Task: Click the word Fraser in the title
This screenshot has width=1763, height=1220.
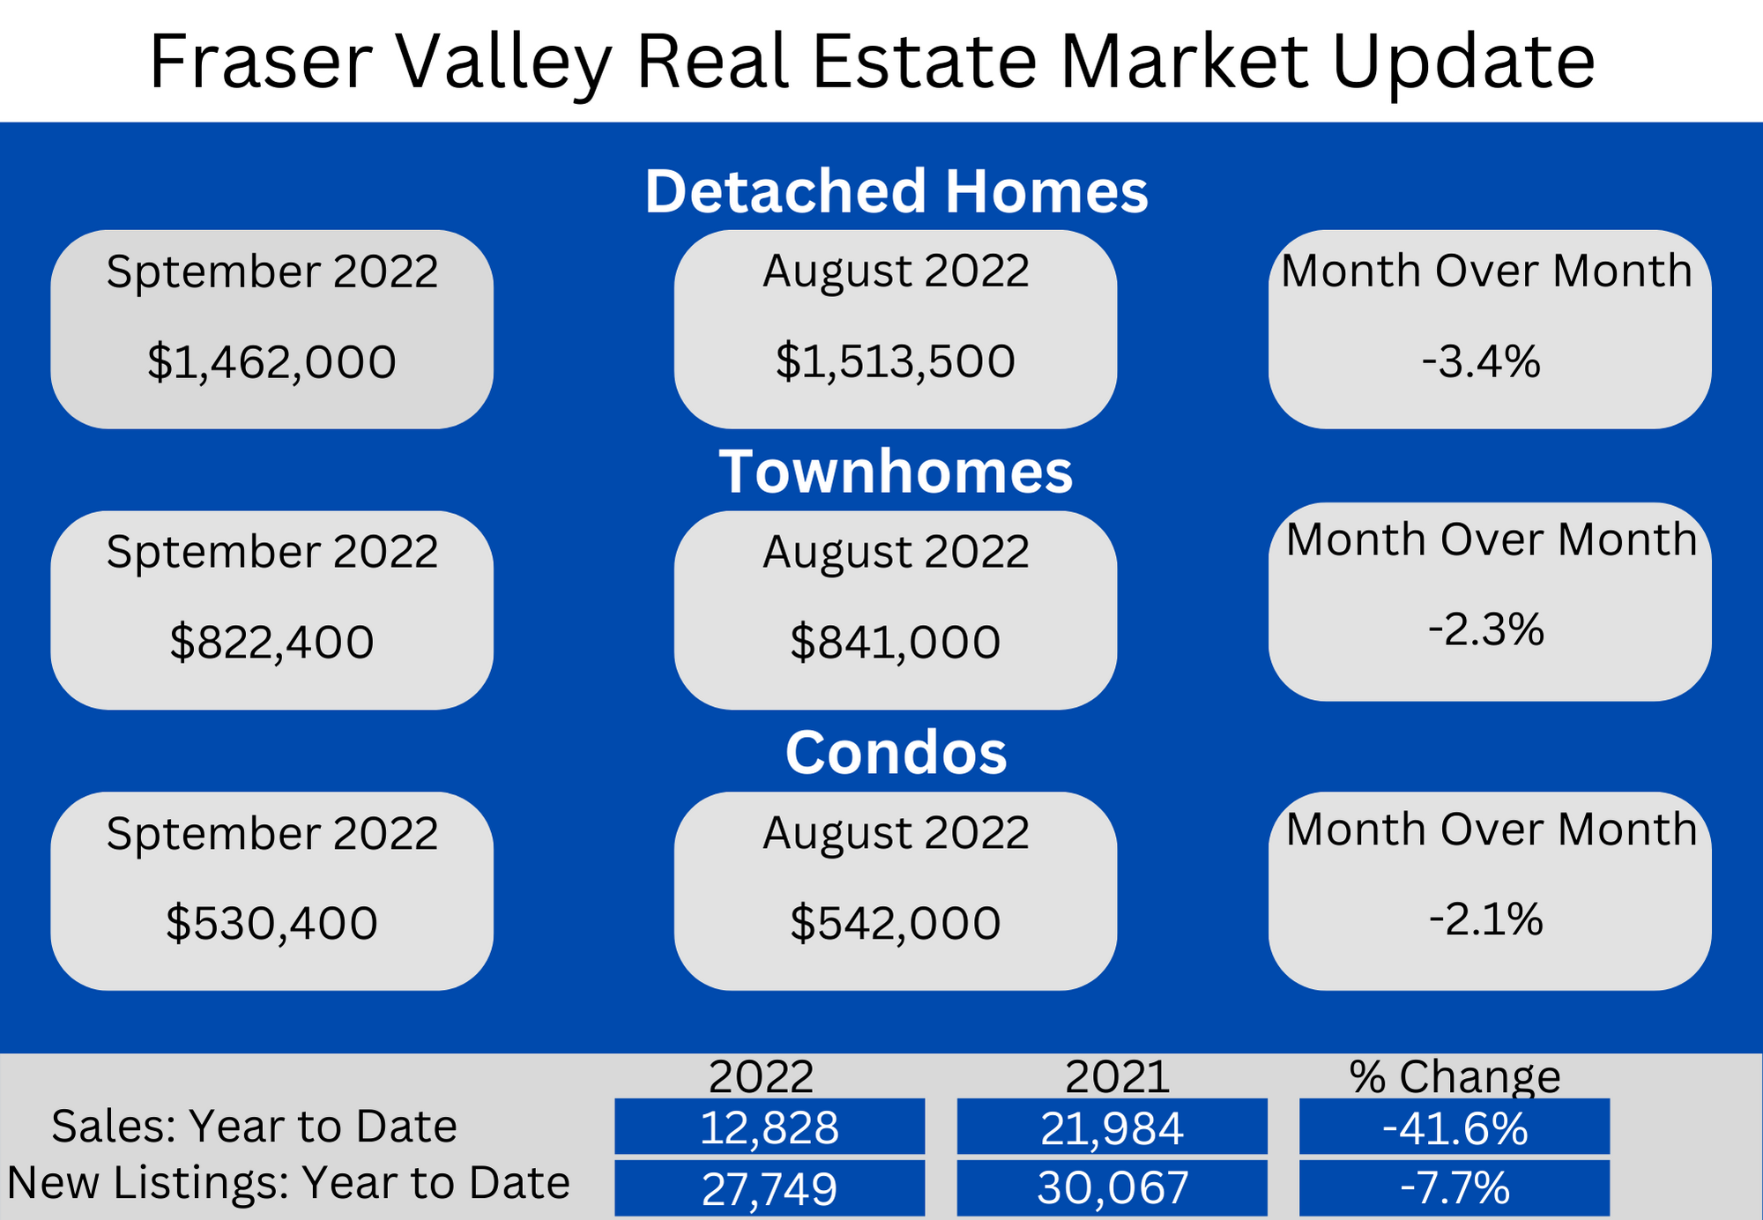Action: tap(261, 62)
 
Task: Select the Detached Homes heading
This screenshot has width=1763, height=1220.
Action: tap(896, 191)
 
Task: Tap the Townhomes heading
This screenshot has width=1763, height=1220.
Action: tap(896, 472)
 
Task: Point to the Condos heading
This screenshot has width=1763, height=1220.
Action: tap(896, 753)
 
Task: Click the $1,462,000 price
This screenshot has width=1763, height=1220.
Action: tap(272, 362)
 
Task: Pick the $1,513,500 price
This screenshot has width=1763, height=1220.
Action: tap(896, 361)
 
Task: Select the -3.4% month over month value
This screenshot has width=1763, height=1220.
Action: tap(1481, 361)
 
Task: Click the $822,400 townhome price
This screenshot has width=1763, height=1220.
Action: tap(272, 642)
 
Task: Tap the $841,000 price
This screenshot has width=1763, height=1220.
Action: tap(896, 642)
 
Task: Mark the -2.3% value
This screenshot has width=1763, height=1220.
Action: tap(1486, 629)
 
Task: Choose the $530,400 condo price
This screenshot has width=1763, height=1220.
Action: tap(272, 923)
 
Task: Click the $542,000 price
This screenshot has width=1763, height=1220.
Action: tap(896, 923)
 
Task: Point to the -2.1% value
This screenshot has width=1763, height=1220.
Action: tap(1486, 919)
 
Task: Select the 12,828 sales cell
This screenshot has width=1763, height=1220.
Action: tap(770, 1127)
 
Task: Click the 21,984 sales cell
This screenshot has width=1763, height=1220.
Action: tap(1112, 1127)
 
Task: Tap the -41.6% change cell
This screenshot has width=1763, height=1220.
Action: tap(1454, 1127)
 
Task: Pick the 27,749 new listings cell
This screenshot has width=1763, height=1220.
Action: tap(770, 1187)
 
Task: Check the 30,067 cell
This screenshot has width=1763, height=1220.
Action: tap(1112, 1187)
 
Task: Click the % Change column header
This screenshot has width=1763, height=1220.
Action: tap(1454, 1076)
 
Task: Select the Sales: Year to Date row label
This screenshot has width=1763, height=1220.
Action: tap(255, 1126)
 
